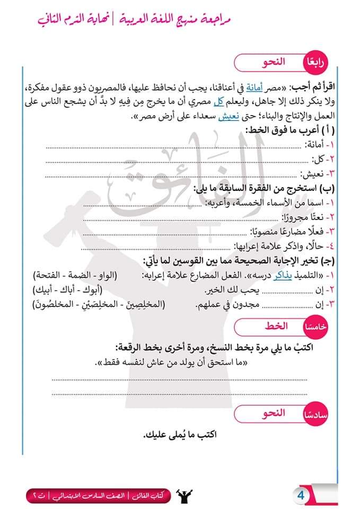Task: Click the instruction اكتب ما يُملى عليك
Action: [x=180, y=435]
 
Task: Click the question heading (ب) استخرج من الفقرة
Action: [x=265, y=187]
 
